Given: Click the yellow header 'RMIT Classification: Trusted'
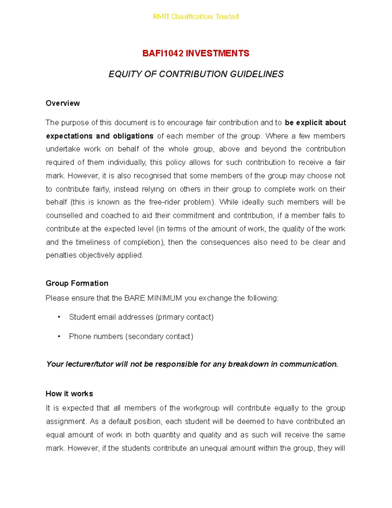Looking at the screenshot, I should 196,16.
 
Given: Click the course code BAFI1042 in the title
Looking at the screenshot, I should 163,53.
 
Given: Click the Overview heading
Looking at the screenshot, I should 63,103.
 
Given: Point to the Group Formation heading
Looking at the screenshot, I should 77,283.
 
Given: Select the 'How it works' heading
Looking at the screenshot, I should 69,394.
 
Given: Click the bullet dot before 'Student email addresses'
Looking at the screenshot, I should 59,317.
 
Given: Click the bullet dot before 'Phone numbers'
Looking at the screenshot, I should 59,336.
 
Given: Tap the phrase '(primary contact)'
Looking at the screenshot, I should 185,317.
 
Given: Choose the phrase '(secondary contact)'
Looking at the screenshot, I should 159,336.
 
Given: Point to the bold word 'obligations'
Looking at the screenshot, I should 133,136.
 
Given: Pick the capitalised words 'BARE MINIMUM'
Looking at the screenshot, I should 153,298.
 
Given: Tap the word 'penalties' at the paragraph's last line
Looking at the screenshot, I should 61,255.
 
